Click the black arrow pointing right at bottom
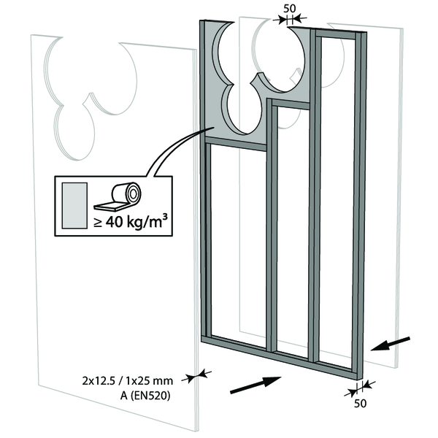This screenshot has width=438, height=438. [x=255, y=384]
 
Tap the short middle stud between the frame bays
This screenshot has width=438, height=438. [x=273, y=226]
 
